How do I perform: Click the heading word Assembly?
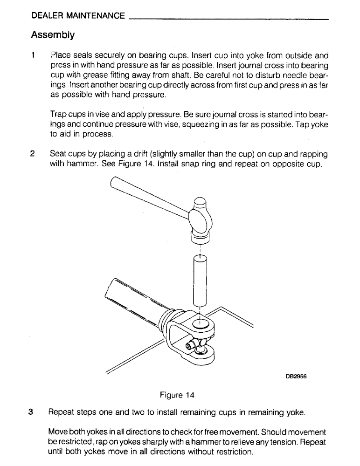[53, 34]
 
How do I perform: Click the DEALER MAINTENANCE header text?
[78, 16]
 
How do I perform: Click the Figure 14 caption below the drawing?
[177, 395]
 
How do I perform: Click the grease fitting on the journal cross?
[191, 345]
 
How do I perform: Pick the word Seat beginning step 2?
[58, 154]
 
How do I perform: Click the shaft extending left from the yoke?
[131, 298]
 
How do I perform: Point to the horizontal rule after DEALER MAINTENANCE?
[228, 19]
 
